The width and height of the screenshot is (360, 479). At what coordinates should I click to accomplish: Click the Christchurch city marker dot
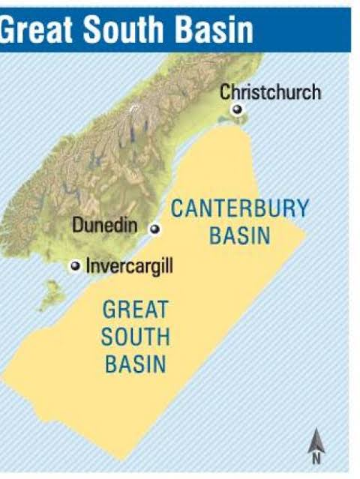pos(238,109)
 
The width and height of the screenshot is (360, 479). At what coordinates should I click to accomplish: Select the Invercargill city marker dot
pos(75,266)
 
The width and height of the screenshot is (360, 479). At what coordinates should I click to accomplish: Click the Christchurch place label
pos(270,92)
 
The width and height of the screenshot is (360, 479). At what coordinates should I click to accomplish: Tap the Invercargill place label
pos(129,266)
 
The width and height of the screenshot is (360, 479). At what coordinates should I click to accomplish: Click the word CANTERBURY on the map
pos(239,209)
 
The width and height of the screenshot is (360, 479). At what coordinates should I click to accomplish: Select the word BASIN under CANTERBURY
pos(239,236)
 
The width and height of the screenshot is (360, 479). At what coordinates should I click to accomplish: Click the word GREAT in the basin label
pos(135,309)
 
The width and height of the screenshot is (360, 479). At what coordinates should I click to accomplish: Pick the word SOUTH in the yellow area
pos(135,337)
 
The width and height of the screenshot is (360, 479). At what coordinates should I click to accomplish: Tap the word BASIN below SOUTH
pos(135,364)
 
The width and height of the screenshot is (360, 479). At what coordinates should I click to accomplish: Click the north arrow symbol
pos(317,441)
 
